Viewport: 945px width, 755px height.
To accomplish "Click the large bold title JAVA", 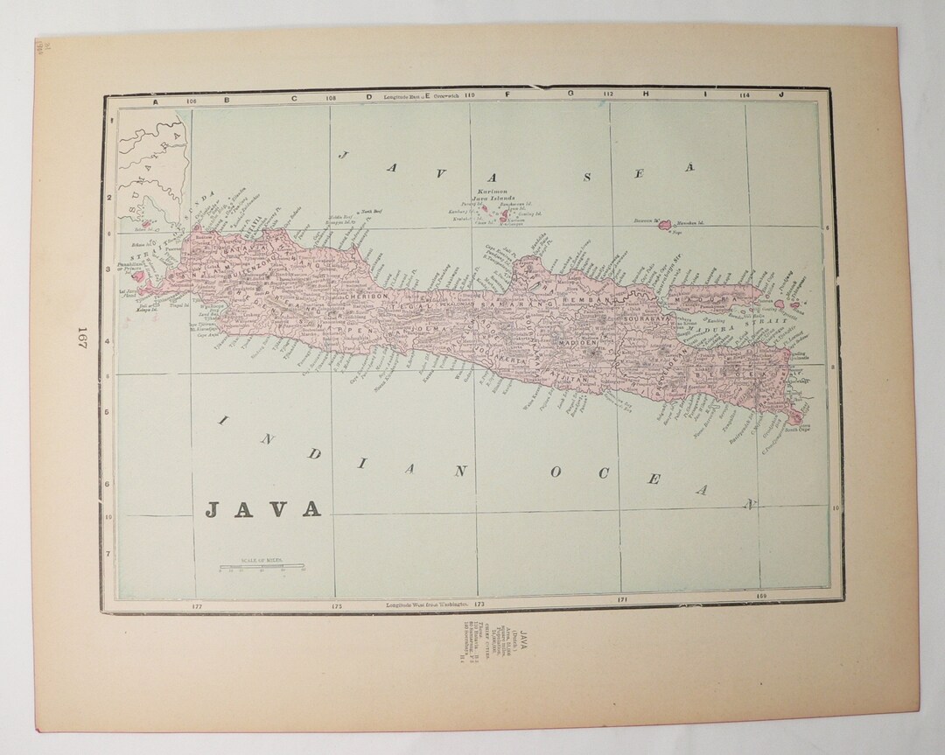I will (262, 508).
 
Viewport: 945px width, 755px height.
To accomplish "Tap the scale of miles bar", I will (262, 569).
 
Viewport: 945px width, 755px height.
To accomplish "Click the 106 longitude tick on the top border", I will (192, 99).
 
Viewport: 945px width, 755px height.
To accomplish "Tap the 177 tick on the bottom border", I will (196, 605).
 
